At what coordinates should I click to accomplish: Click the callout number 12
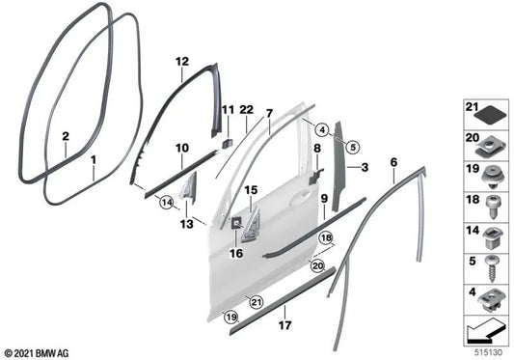(180, 61)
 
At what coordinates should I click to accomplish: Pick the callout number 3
(365, 168)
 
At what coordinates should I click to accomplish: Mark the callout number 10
(181, 147)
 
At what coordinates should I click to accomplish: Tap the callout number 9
(323, 199)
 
